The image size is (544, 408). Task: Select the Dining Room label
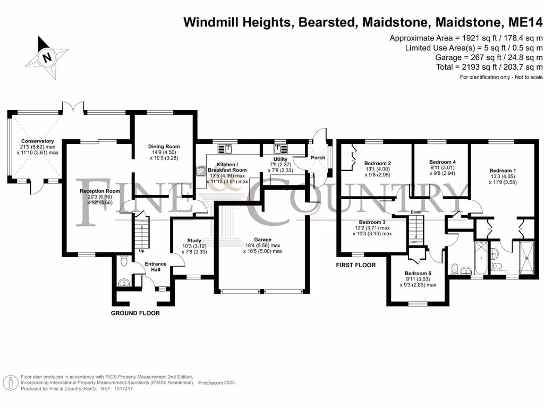click(x=165, y=147)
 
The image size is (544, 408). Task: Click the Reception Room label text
click(x=100, y=191)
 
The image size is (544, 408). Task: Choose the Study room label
click(x=194, y=241)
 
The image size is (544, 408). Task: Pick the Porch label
click(x=318, y=158)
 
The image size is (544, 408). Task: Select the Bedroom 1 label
click(x=502, y=171)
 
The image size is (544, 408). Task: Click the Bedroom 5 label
click(x=418, y=273)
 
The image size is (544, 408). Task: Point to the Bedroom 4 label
click(x=443, y=162)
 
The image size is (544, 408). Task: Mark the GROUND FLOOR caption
click(x=135, y=313)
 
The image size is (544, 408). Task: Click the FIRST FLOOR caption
click(x=355, y=265)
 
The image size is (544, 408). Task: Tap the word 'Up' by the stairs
click(x=141, y=251)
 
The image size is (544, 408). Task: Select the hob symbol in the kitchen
click(x=202, y=171)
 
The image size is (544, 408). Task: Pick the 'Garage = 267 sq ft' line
click(x=489, y=57)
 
